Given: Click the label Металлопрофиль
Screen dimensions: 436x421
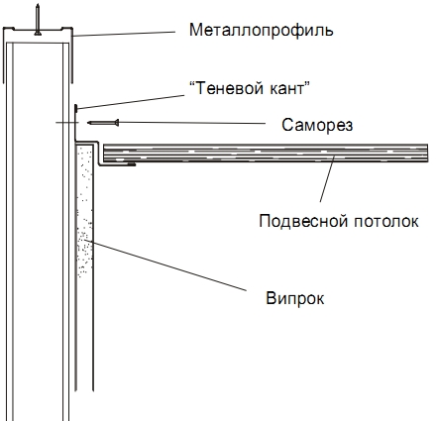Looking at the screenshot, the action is click(261, 31).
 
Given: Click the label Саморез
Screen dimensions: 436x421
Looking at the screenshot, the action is click(317, 125).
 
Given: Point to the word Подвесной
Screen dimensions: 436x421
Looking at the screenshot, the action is click(303, 221).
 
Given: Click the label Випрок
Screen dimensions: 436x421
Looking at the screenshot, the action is click(295, 298).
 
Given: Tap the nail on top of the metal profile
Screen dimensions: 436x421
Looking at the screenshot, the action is click(38, 19).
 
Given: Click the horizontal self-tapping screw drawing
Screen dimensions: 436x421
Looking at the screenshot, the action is click(103, 123).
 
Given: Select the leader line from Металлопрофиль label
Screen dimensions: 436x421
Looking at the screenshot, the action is click(124, 34).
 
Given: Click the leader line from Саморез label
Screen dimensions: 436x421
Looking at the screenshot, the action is click(192, 123).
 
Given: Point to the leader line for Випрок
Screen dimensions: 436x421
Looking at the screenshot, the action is click(165, 265).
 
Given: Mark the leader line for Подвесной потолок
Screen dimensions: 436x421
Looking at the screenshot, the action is click(327, 179).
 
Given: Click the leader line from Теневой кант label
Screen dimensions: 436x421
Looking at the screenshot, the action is click(131, 101).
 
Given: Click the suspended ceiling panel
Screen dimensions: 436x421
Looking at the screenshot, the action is click(266, 153).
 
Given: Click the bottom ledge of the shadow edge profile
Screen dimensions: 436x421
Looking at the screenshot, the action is click(117, 164).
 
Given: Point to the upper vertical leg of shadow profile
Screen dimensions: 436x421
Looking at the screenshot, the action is click(76, 123).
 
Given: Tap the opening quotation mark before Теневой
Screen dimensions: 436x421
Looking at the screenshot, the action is click(192, 84).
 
